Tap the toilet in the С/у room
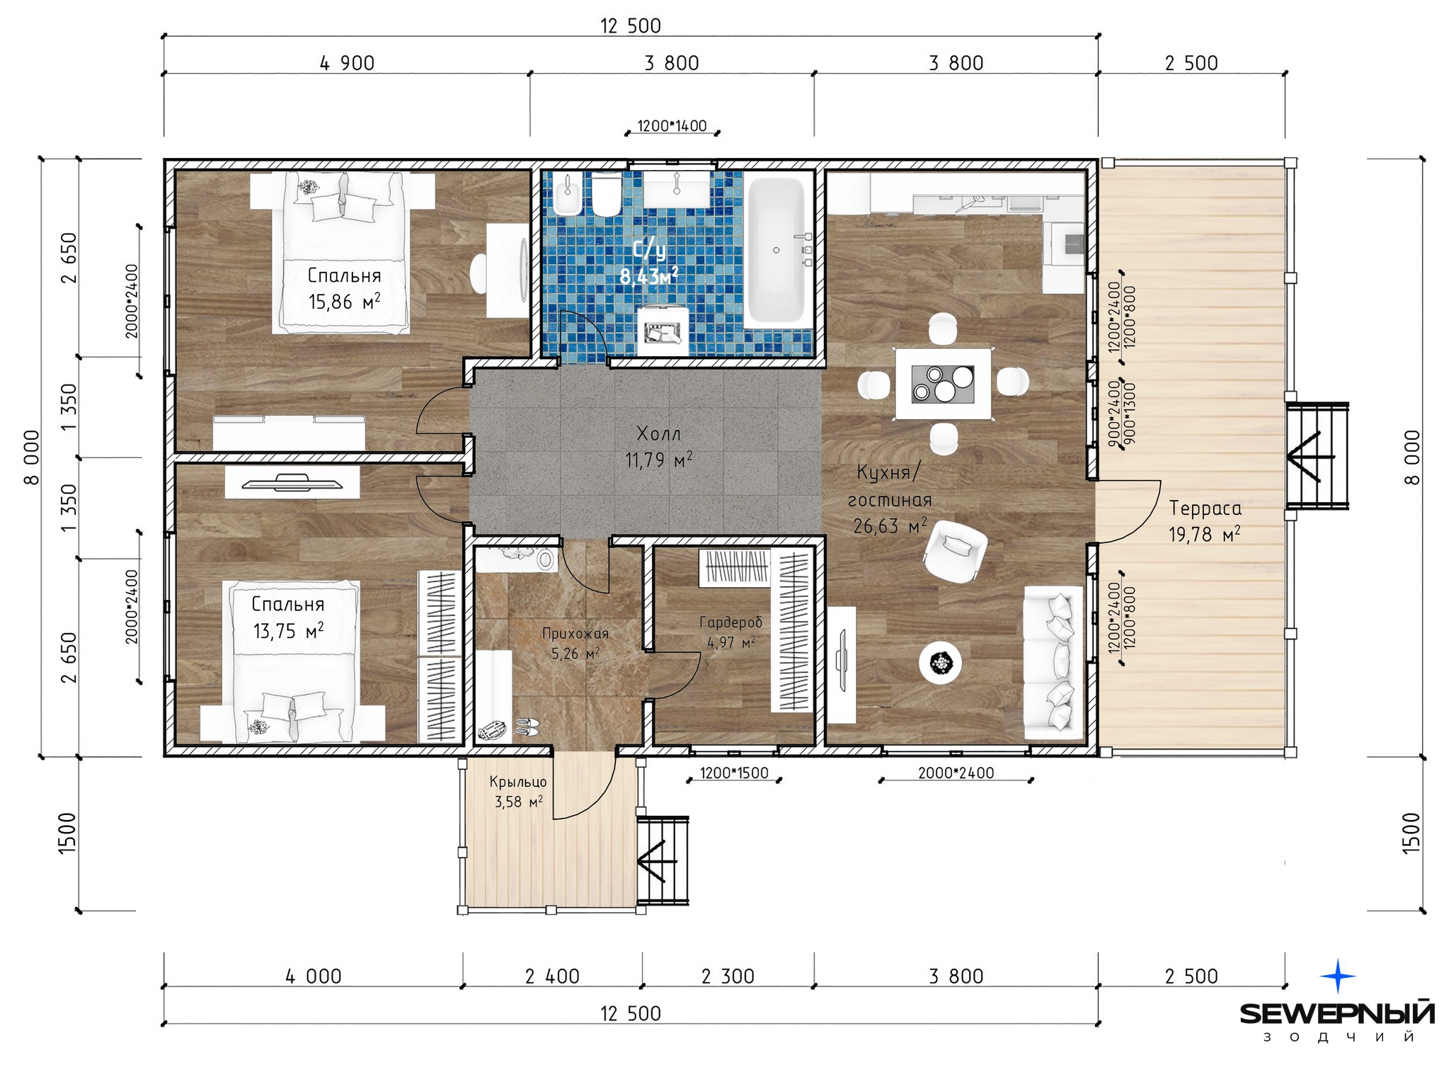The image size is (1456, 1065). (x=606, y=195)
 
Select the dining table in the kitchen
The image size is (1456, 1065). (x=942, y=383)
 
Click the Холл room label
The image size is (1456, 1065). (x=658, y=433)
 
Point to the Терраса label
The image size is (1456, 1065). (x=1205, y=508)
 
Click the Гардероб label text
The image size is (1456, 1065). (x=730, y=622)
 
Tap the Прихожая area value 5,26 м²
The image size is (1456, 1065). (x=575, y=653)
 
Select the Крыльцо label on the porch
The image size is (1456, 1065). (x=518, y=782)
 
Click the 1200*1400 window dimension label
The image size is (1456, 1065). (x=672, y=126)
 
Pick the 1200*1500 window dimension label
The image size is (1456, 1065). (x=734, y=773)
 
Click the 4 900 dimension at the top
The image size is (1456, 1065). (x=347, y=63)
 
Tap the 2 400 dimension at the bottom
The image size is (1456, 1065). (x=552, y=976)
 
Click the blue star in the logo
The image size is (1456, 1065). (x=1338, y=976)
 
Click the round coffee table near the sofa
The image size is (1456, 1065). (x=940, y=663)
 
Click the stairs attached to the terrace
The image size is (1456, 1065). (x=1317, y=455)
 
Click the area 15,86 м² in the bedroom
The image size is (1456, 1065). (x=344, y=302)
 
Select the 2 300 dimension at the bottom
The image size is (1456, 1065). (x=728, y=976)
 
